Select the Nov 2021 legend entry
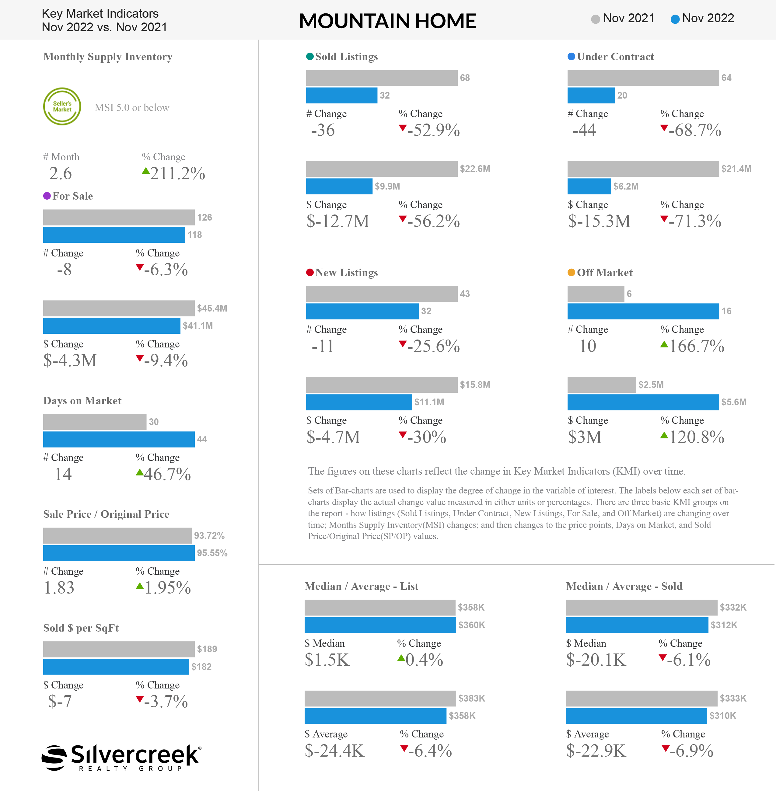click(622, 18)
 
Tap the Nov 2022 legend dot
click(675, 19)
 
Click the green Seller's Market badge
click(62, 106)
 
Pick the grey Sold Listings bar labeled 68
click(382, 78)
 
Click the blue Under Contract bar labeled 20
click(591, 95)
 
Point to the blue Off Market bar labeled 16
click(643, 311)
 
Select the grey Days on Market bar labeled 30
click(95, 422)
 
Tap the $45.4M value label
click(212, 308)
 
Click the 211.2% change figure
click(177, 174)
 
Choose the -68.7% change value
click(694, 131)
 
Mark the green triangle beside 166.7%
click(664, 344)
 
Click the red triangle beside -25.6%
click(403, 344)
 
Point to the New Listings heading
click(346, 273)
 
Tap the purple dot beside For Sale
click(47, 196)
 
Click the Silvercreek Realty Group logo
click(121, 757)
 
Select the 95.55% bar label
click(212, 553)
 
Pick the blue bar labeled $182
click(116, 667)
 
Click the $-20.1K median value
click(596, 660)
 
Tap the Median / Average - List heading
click(362, 587)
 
